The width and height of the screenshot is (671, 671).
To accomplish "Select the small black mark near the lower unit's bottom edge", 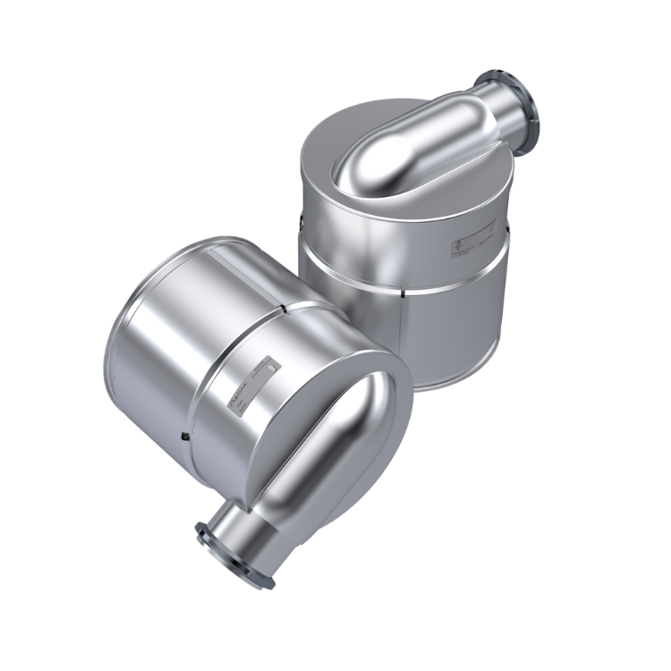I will pos(183,435).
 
